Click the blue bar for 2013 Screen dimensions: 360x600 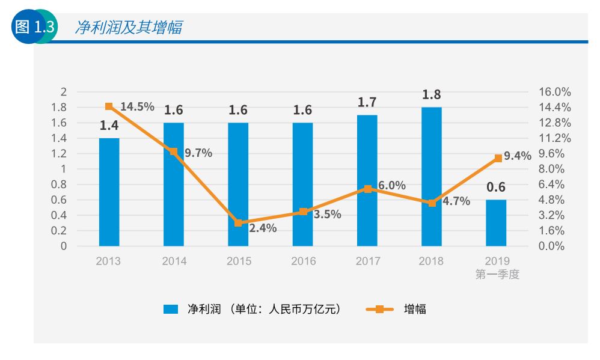click(109, 192)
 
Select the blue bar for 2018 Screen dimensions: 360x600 click(431, 177)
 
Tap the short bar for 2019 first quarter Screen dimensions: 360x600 click(496, 223)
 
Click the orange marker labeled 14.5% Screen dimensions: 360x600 click(109, 106)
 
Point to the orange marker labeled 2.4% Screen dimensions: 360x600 click(238, 223)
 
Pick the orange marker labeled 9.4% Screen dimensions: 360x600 click(498, 158)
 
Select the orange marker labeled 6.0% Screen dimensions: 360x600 click(367, 189)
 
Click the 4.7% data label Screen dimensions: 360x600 click(456, 201)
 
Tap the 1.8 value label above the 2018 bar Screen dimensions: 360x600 click(431, 94)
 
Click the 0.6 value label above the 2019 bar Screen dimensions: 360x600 click(496, 187)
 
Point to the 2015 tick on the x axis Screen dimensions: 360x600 click(239, 261)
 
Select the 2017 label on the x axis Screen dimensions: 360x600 click(368, 261)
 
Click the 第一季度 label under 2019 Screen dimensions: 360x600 click(497, 275)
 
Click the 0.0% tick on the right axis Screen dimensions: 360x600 click(552, 246)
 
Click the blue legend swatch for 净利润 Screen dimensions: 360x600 click(171, 310)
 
